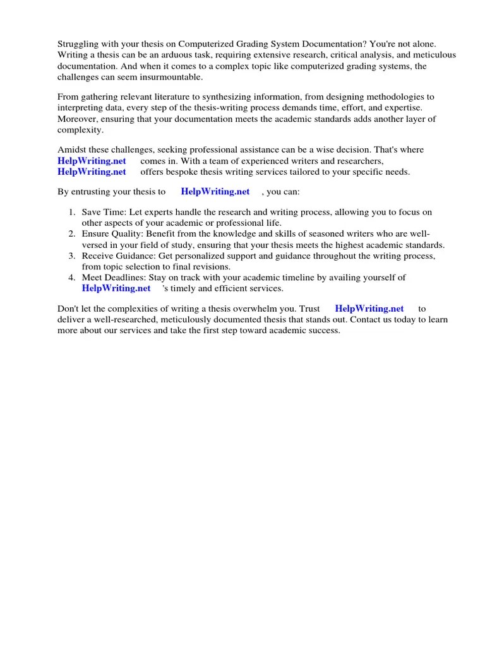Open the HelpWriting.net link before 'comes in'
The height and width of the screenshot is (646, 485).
92,161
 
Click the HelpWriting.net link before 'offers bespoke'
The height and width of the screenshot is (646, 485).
92,172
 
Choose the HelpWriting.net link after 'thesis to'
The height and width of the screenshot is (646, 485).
215,192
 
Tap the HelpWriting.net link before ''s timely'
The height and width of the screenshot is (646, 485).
116,288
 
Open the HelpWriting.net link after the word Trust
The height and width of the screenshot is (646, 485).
369,308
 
